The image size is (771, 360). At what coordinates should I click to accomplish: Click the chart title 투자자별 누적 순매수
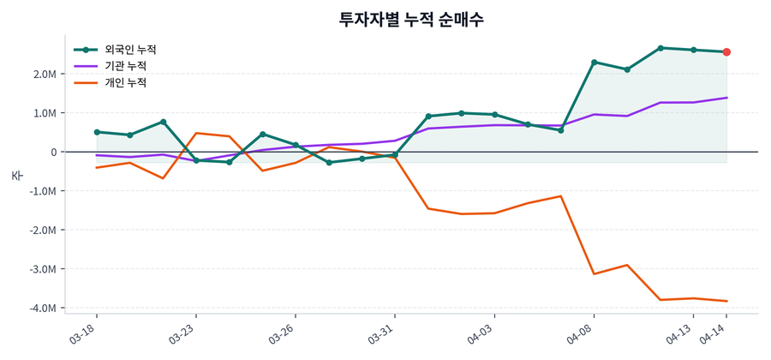pyautogui.click(x=411, y=19)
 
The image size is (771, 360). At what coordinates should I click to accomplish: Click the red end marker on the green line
pyautogui.click(x=726, y=52)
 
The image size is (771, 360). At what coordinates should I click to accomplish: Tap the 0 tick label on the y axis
pyautogui.click(x=54, y=152)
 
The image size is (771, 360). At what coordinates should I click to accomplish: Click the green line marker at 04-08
pyautogui.click(x=594, y=63)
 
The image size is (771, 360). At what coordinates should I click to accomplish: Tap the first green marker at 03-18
pyautogui.click(x=97, y=132)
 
